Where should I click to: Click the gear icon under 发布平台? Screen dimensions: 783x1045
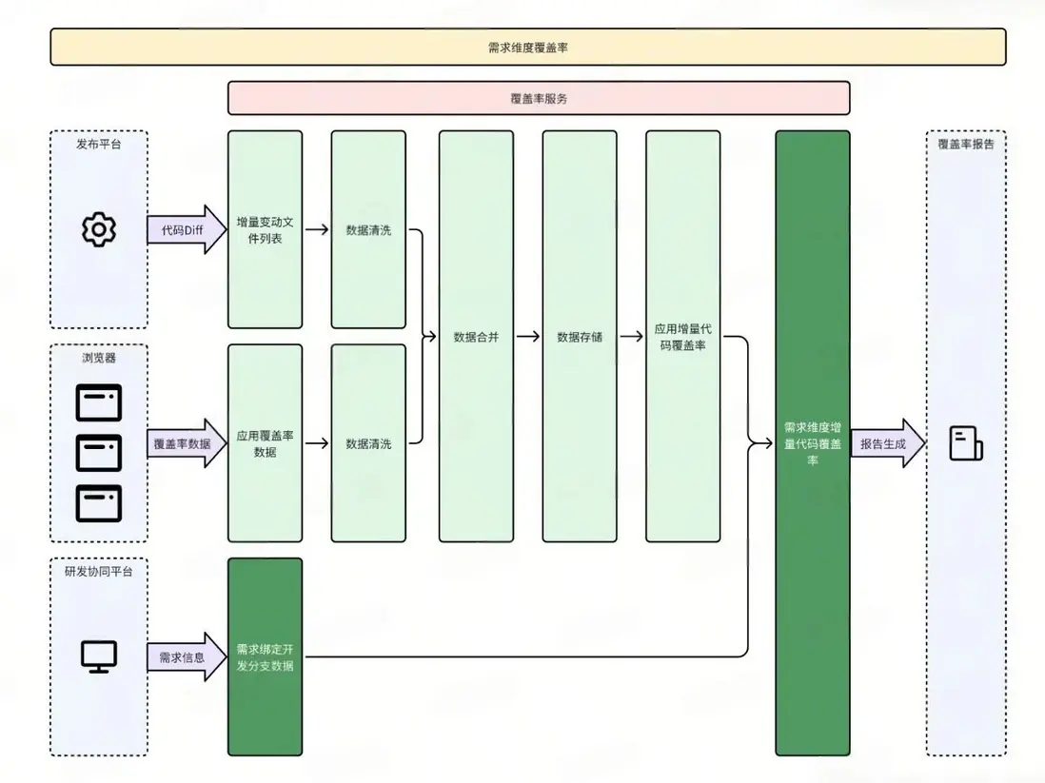click(99, 230)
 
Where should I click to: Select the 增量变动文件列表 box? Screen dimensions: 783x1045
click(266, 229)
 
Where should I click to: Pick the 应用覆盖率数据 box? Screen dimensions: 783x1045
click(266, 443)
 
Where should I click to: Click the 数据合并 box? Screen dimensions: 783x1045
click(476, 337)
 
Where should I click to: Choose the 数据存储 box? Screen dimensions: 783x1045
click(580, 337)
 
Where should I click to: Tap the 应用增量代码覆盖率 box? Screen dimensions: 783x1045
click(682, 337)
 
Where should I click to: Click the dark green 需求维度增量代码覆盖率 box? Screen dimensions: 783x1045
click(812, 443)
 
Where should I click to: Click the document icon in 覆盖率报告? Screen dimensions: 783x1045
click(965, 444)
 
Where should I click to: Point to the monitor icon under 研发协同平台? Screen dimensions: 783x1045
click(99, 656)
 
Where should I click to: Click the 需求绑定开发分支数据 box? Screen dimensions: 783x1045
click(266, 656)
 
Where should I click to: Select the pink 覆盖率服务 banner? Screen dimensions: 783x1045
click(539, 98)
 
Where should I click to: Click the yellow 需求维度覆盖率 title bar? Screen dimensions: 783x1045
click(528, 47)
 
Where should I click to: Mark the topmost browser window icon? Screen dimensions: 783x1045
click(99, 402)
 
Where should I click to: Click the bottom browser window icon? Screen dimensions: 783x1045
click(99, 503)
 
